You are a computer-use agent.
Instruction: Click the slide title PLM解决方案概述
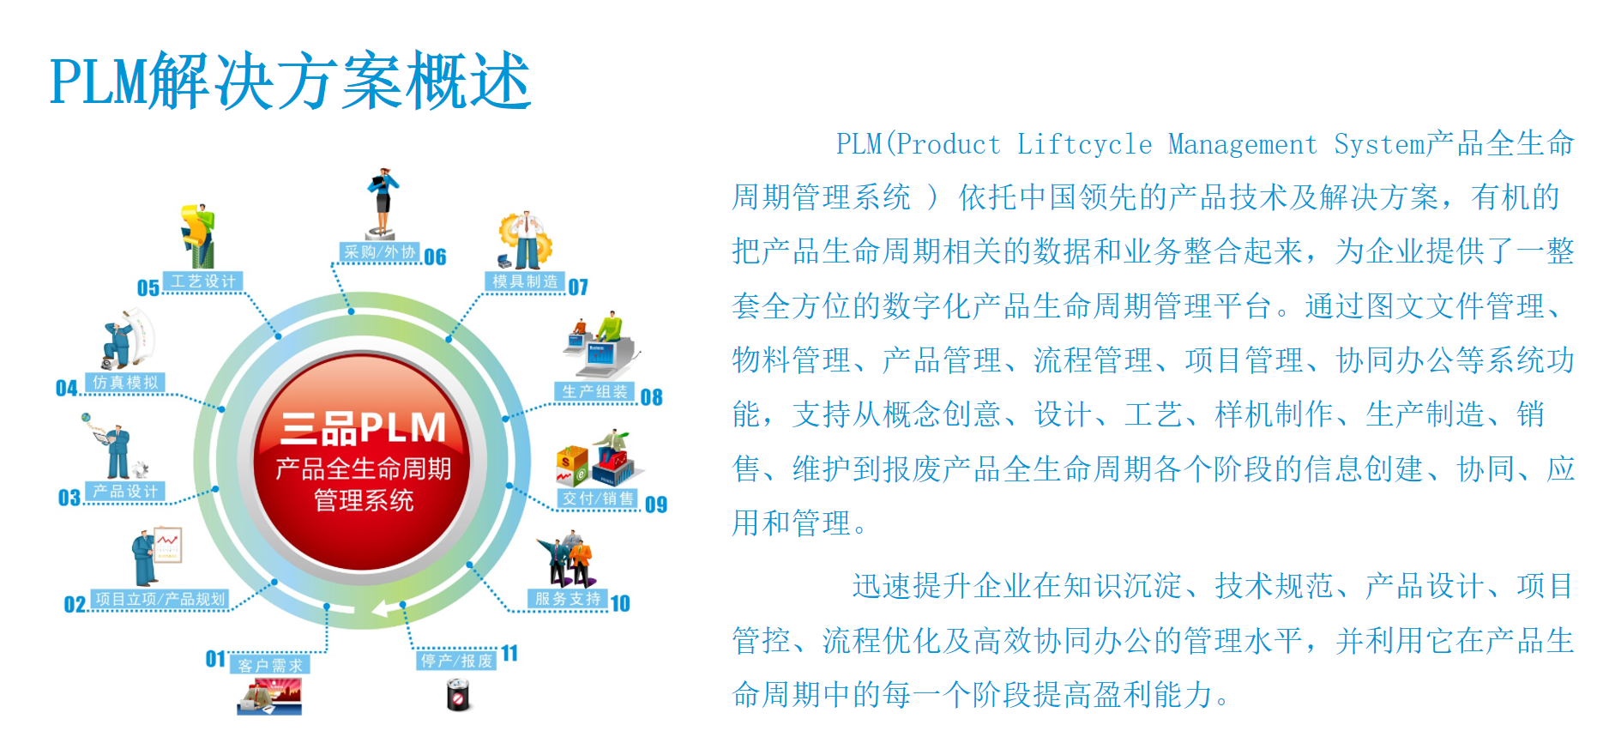tap(290, 81)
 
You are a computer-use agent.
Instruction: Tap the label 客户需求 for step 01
tap(270, 665)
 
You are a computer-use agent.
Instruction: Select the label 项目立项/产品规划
tap(160, 599)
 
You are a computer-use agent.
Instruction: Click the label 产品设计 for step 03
tap(125, 492)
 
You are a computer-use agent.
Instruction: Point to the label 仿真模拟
tap(125, 383)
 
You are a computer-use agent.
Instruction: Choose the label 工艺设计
tap(202, 281)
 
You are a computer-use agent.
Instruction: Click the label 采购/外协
tap(379, 252)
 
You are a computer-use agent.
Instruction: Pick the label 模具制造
tap(525, 281)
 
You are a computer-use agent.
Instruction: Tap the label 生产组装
tap(594, 392)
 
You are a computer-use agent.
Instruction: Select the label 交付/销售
tap(598, 498)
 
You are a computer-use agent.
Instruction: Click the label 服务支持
tap(567, 599)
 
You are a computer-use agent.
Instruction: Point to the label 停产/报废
tap(456, 661)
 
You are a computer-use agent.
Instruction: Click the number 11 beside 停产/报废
tap(510, 654)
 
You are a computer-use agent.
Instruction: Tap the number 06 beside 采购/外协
tap(436, 257)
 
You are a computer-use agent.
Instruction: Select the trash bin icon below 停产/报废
tap(459, 695)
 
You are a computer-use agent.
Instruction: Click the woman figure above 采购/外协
tap(383, 202)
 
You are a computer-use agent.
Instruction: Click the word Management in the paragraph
tap(1242, 144)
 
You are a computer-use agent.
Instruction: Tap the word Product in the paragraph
tap(949, 144)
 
